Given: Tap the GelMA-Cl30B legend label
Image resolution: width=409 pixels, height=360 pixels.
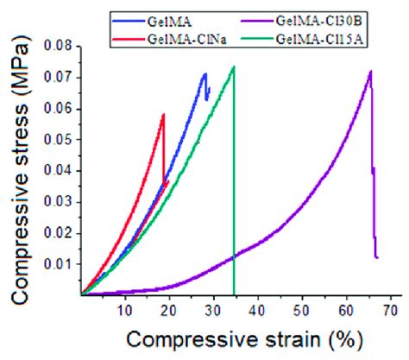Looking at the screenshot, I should [x=333, y=17].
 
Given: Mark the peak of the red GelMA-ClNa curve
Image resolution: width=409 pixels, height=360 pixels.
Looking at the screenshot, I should [x=163, y=114].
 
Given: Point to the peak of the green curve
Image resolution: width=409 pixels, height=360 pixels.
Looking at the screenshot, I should [x=233, y=66].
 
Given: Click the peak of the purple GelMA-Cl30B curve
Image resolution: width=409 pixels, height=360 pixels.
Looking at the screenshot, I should [x=370, y=72].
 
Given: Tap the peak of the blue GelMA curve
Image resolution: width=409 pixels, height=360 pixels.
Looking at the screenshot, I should [x=204, y=73].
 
